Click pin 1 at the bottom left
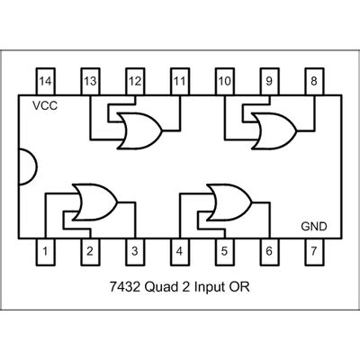click(x=46, y=253)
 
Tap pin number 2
click(x=90, y=253)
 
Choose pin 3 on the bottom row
click(x=135, y=253)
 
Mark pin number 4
click(x=180, y=253)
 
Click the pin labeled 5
click(x=224, y=253)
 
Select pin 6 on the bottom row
click(x=269, y=253)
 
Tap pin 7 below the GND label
click(x=314, y=253)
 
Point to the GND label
click(x=313, y=227)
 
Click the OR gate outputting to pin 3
click(x=92, y=202)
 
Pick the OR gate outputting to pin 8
click(x=271, y=131)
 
